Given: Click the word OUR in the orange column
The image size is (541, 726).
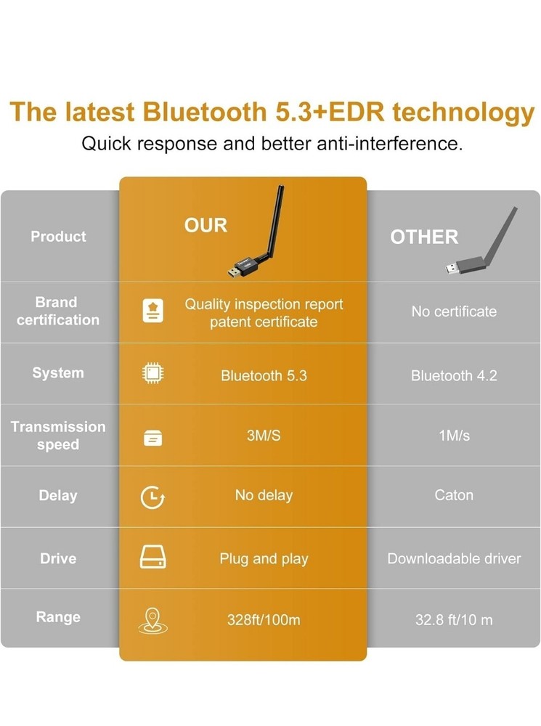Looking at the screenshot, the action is pyautogui.click(x=206, y=226).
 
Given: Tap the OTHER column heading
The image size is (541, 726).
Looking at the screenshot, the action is pyautogui.click(x=424, y=237).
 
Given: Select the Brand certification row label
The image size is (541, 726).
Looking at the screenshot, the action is pyautogui.click(x=58, y=311).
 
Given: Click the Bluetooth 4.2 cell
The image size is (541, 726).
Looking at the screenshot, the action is pyautogui.click(x=454, y=375).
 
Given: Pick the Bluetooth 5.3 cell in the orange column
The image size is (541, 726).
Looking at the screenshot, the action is pyautogui.click(x=264, y=375).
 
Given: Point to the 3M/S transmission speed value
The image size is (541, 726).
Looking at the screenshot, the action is pyautogui.click(x=264, y=436).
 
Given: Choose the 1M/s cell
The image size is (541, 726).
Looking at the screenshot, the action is pyautogui.click(x=455, y=436).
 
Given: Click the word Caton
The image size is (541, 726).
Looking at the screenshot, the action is pyautogui.click(x=454, y=495).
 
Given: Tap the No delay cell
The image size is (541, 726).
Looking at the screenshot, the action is pyautogui.click(x=264, y=495).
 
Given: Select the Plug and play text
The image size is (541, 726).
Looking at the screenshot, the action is pyautogui.click(x=264, y=559).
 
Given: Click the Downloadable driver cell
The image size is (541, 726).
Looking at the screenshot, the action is pyautogui.click(x=454, y=558).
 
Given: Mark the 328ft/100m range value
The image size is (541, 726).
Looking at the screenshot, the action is pyautogui.click(x=264, y=619).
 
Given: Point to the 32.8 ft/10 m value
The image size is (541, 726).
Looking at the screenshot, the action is pyautogui.click(x=454, y=619).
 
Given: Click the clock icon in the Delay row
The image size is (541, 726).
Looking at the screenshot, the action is pyautogui.click(x=152, y=497).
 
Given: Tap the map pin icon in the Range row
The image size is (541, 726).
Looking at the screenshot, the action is pyautogui.click(x=152, y=621).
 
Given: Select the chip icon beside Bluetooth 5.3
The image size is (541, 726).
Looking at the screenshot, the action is pyautogui.click(x=152, y=373).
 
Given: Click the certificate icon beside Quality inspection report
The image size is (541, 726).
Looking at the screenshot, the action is pyautogui.click(x=152, y=310).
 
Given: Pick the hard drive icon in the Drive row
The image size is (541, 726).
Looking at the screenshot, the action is pyautogui.click(x=152, y=557).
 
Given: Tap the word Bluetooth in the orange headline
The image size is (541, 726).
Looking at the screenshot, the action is pyautogui.click(x=204, y=112).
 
